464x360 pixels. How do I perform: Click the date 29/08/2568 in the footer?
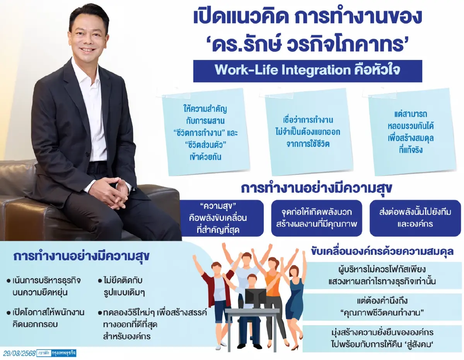tap(19, 353)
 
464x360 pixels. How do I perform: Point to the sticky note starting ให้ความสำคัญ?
tap(205, 132)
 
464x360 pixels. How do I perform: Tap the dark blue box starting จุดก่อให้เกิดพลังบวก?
tap(316, 218)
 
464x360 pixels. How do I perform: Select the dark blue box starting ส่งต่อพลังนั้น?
tap(415, 218)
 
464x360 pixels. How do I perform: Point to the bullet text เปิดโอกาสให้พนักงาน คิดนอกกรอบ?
tap(46, 318)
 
